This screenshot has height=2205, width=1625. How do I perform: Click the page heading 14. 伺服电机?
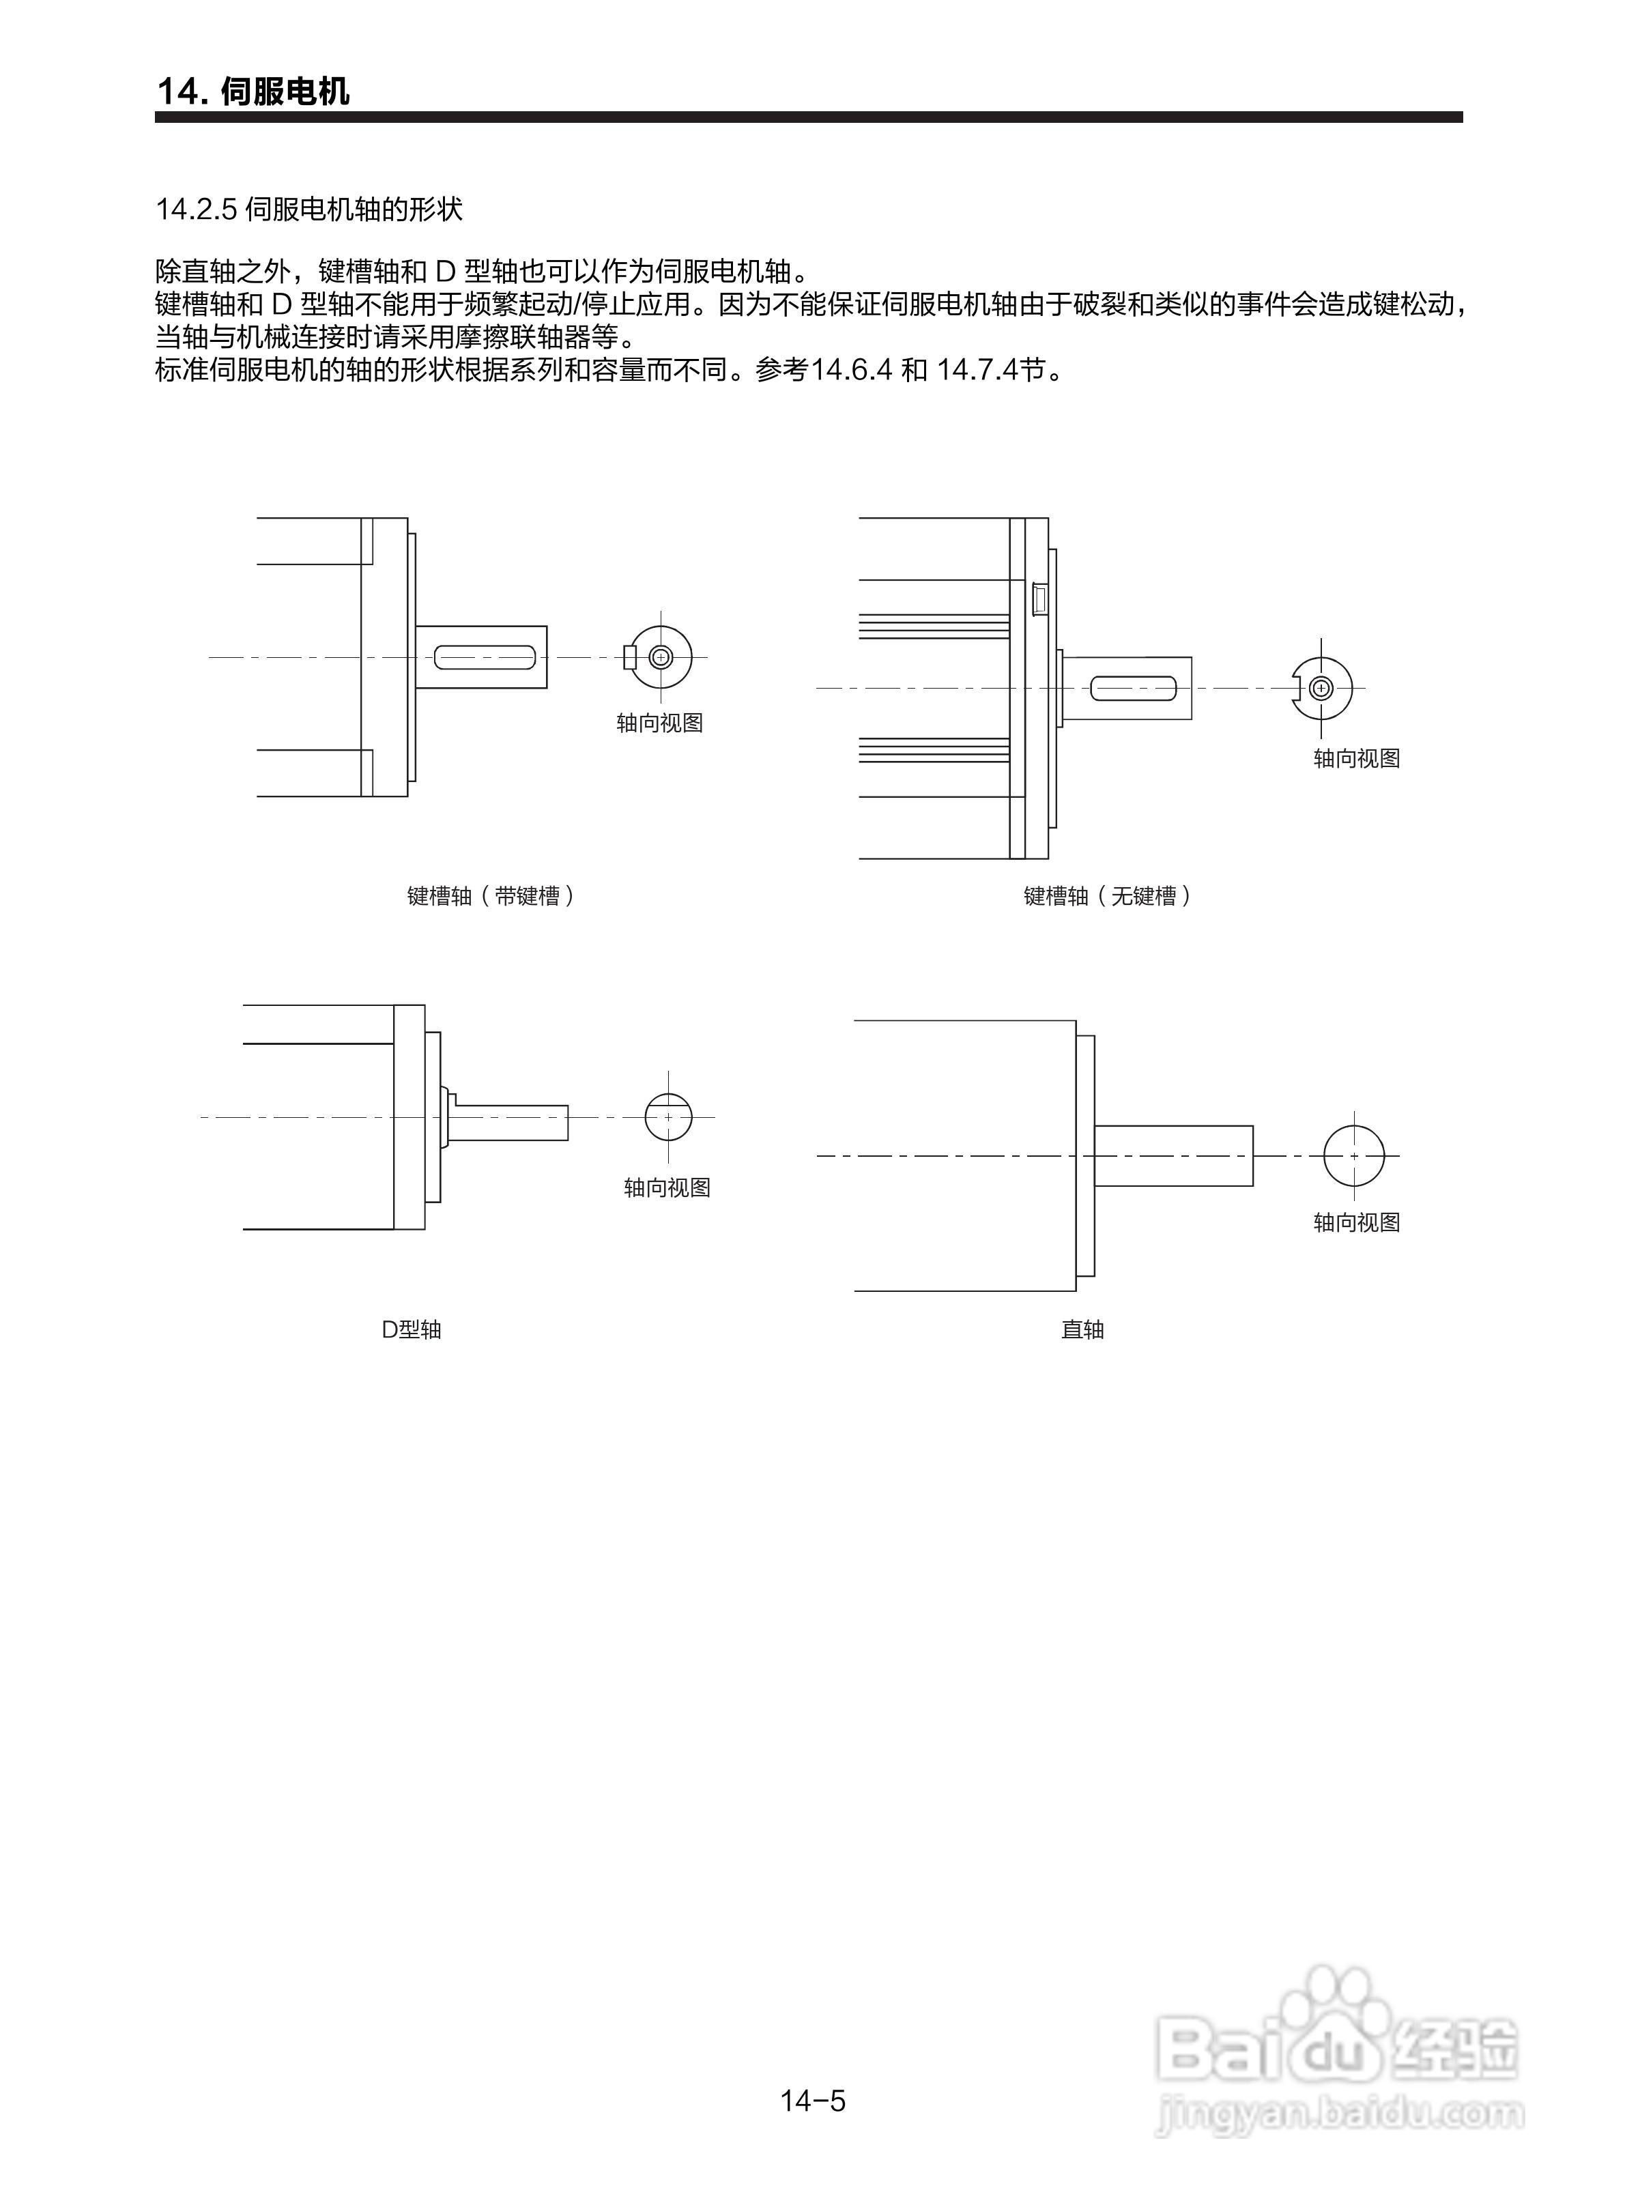[253, 91]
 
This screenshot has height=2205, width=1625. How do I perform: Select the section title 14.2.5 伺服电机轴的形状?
[309, 210]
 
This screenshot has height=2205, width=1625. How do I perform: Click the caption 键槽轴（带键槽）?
[490, 896]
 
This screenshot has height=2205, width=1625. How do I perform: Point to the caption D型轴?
[411, 1329]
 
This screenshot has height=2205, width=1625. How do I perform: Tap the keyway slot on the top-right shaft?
[1134, 689]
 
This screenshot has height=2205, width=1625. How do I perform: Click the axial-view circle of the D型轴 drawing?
[669, 1117]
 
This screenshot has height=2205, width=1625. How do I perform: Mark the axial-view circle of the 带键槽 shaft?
[661, 657]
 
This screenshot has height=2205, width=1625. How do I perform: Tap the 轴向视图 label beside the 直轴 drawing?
[1357, 1222]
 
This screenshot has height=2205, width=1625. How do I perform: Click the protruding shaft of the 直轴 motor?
[1173, 1155]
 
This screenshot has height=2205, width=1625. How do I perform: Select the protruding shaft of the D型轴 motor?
[510, 1122]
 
